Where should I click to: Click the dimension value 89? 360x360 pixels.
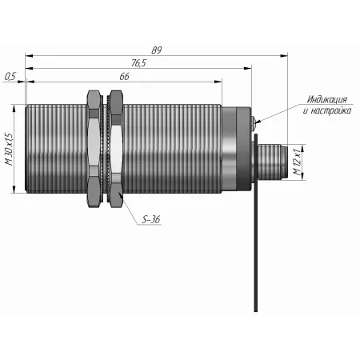[157, 50]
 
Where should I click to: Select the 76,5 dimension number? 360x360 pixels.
[138, 63]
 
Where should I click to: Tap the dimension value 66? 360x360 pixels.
[124, 77]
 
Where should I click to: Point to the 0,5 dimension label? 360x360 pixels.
[10, 77]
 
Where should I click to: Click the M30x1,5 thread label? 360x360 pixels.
[10, 149]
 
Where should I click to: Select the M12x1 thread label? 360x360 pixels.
[298, 162]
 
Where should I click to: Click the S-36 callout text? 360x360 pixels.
[151, 219]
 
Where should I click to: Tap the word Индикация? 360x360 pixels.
[327, 100]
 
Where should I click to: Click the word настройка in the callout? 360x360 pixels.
[331, 110]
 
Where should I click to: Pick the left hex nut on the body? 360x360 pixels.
[94, 149]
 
